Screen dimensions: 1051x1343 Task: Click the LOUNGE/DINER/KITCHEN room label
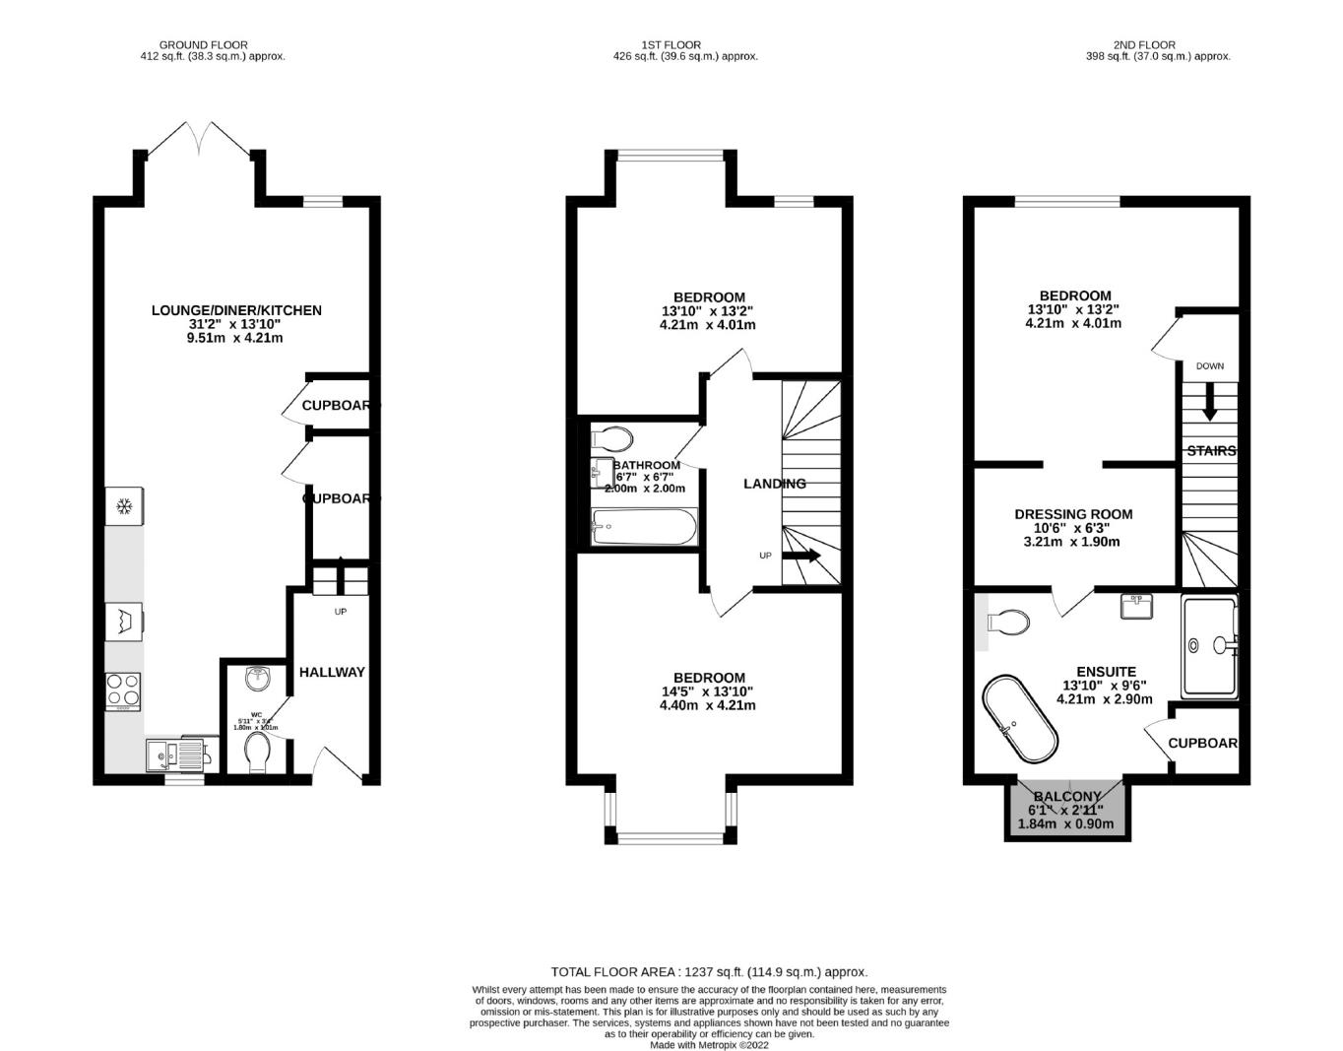tap(236, 310)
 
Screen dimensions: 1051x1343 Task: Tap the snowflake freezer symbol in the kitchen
tap(124, 507)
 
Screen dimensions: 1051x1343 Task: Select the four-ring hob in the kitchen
tap(123, 690)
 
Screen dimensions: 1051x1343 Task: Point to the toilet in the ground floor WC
tap(258, 753)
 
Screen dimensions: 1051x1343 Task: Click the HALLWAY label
tap(332, 672)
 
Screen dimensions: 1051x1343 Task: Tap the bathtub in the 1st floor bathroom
tap(644, 527)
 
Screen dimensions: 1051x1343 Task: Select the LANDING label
tap(774, 484)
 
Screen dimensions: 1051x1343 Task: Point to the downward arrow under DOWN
tap(1209, 399)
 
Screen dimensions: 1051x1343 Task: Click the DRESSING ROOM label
tap(1073, 514)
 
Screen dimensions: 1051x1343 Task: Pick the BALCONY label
tap(1066, 797)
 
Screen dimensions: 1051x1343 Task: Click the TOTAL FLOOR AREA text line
tap(709, 971)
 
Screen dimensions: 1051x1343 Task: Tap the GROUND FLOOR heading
tap(203, 44)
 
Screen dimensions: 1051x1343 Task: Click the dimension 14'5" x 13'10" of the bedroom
tap(708, 691)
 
